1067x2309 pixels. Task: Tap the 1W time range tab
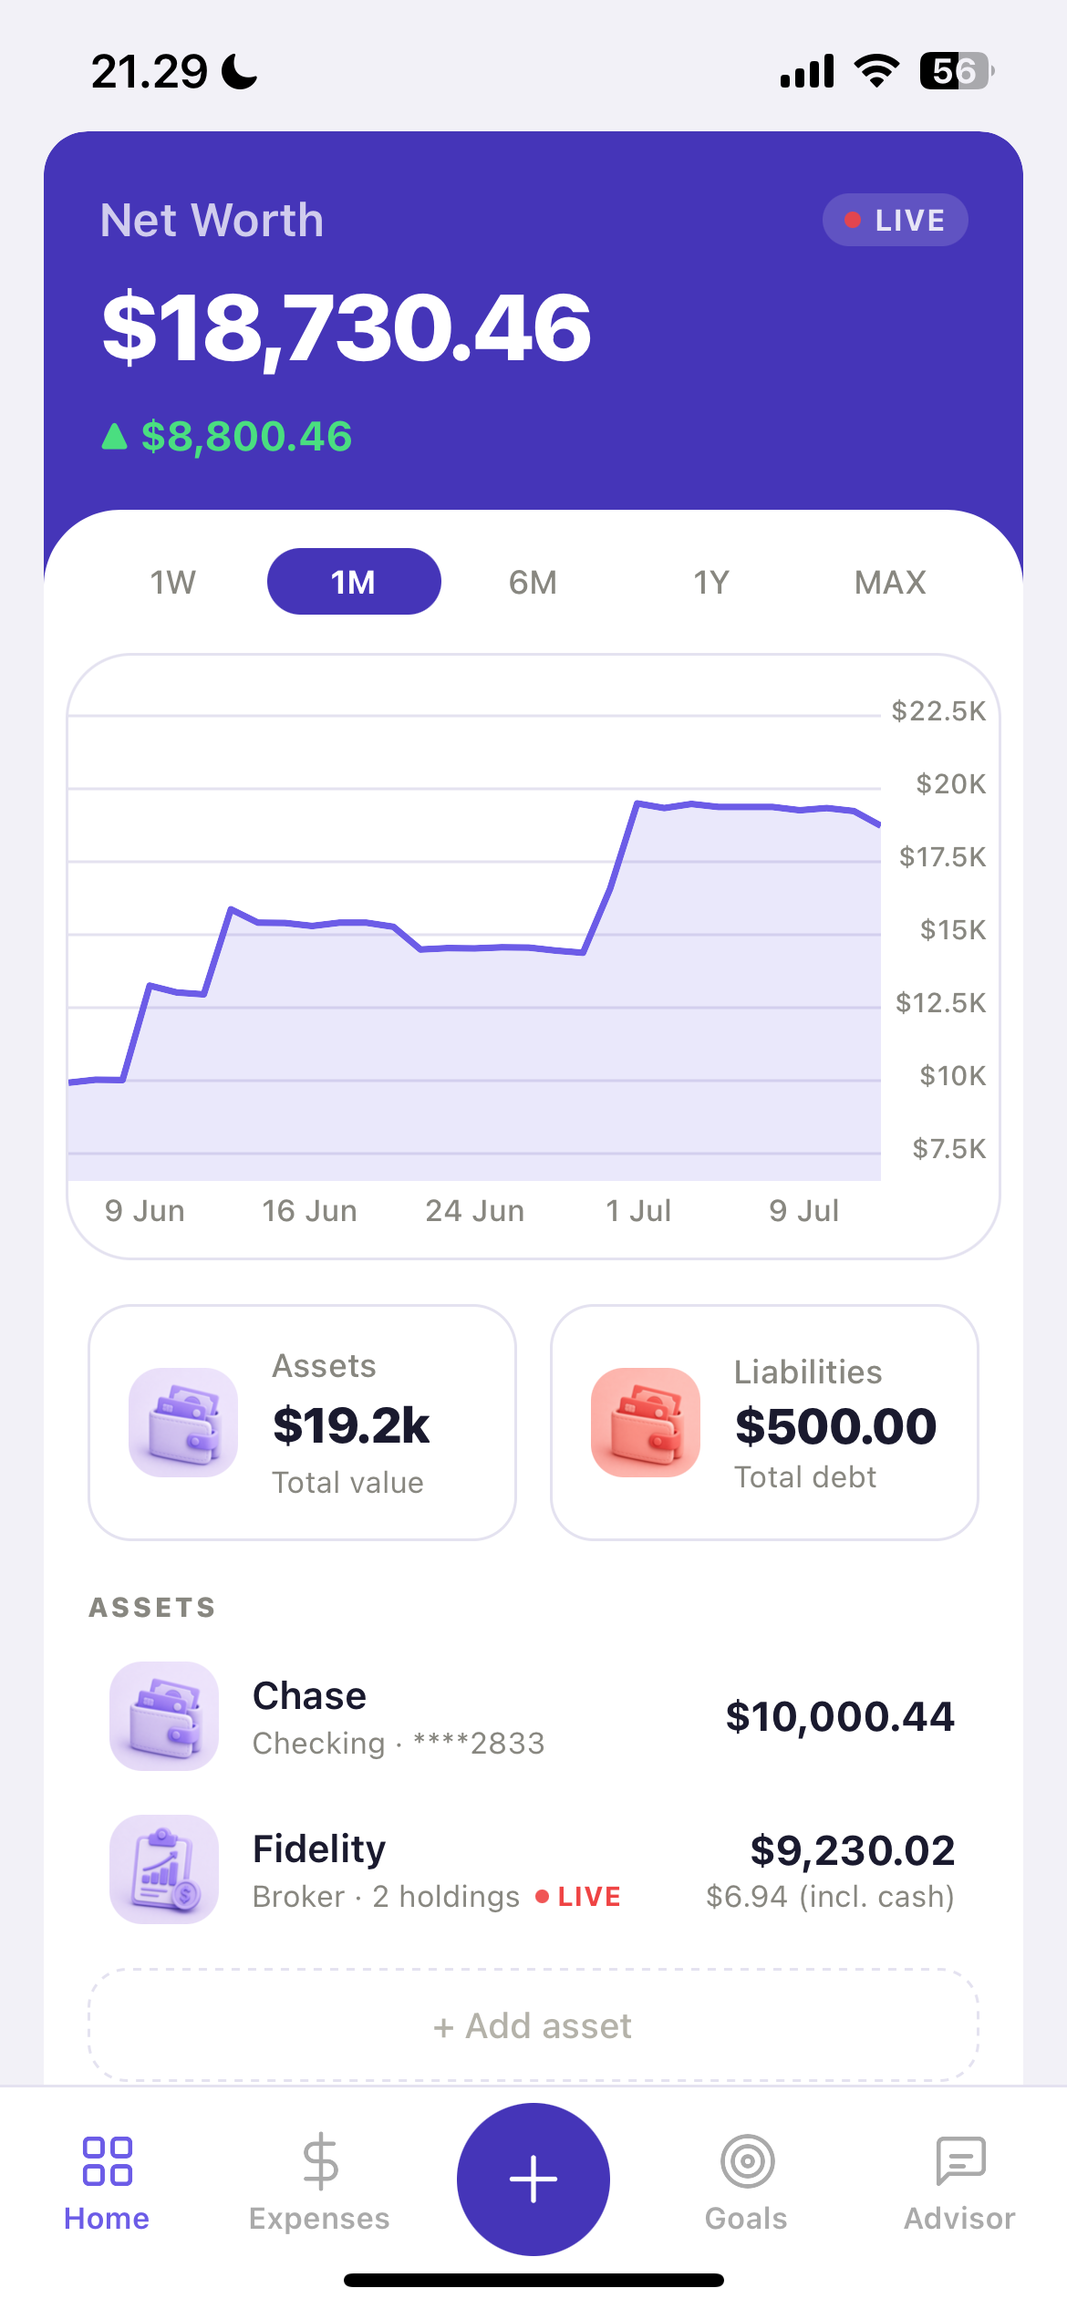tap(173, 582)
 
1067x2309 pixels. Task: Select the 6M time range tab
tap(533, 582)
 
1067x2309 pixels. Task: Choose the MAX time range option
tap(890, 582)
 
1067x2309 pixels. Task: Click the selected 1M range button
tap(354, 582)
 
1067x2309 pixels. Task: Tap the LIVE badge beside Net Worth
tap(895, 220)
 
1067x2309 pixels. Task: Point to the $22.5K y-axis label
tap(938, 711)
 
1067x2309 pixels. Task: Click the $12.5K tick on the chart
tap(940, 1003)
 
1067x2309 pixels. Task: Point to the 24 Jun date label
tap(474, 1211)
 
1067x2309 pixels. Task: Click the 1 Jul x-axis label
tap(638, 1211)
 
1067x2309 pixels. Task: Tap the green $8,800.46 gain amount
tap(246, 437)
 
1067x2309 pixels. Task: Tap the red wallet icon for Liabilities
tap(646, 1423)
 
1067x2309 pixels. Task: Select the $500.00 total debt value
tap(835, 1426)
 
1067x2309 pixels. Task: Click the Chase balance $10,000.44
tap(840, 1717)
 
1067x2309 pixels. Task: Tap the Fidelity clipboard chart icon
tap(164, 1869)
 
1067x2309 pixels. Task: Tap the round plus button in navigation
tap(533, 2180)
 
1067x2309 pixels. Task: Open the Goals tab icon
tap(748, 2161)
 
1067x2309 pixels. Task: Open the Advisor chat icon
tap(960, 2161)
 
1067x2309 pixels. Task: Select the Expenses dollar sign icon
tap(320, 2161)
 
